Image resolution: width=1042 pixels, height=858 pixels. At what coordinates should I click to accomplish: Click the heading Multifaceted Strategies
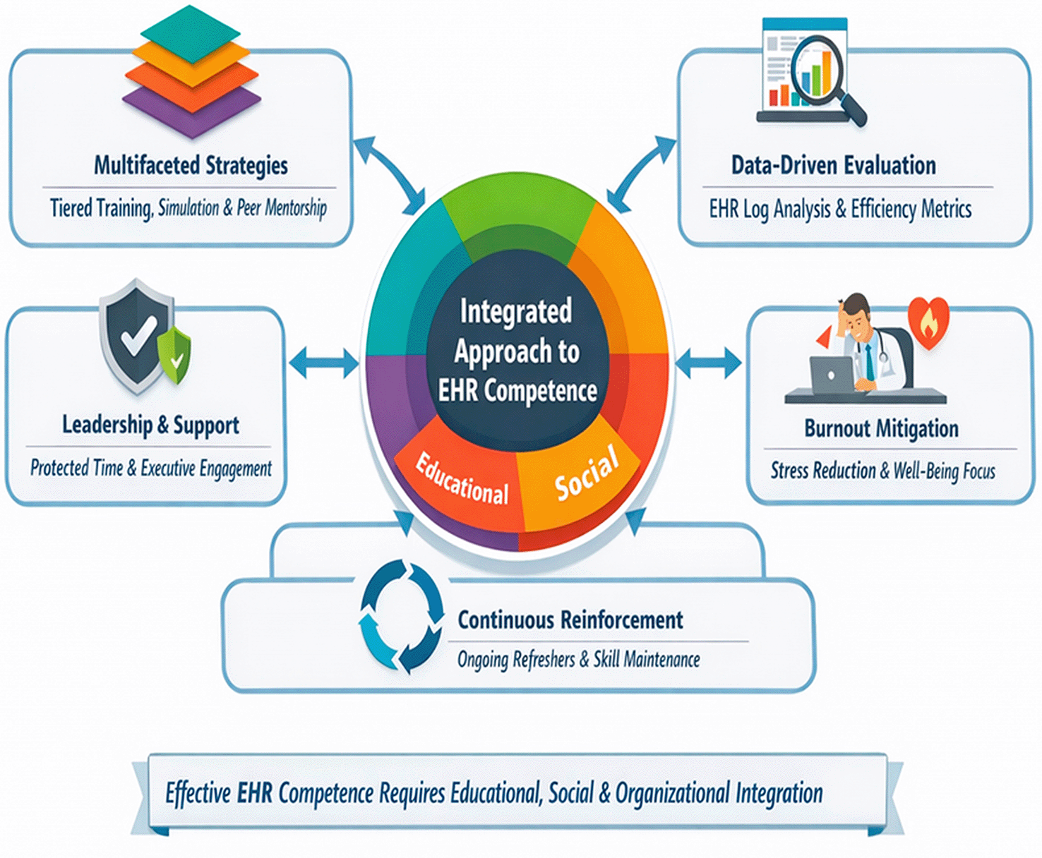click(x=191, y=166)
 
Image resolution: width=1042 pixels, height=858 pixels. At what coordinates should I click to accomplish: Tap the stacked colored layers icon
click(x=191, y=72)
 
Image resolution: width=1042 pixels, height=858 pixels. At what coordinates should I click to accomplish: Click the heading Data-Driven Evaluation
click(x=834, y=165)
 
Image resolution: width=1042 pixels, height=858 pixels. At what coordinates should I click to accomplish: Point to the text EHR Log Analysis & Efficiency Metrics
click(x=840, y=209)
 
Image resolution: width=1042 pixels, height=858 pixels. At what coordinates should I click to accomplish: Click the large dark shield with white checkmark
click(x=136, y=335)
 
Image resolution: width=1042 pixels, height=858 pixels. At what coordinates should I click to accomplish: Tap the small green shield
click(x=174, y=356)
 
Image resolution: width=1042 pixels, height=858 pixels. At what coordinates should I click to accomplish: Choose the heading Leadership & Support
click(x=150, y=425)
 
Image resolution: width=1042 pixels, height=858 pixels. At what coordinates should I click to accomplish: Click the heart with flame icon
click(x=928, y=322)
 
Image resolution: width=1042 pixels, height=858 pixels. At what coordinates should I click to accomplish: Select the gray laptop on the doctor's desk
click(x=831, y=375)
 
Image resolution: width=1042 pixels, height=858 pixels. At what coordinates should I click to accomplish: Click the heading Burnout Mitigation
click(x=881, y=428)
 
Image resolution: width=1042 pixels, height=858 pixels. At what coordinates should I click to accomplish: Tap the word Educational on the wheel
click(x=462, y=479)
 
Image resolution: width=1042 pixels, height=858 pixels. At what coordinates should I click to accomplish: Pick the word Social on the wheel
click(x=587, y=472)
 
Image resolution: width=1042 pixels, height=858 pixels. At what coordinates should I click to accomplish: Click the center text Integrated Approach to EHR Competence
click(x=517, y=351)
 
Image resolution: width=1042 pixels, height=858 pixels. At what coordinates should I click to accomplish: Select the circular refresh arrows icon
click(x=401, y=616)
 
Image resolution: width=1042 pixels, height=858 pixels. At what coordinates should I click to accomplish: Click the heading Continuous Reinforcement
click(x=570, y=620)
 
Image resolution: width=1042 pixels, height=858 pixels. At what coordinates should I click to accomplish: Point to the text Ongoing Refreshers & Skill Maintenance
click(x=578, y=660)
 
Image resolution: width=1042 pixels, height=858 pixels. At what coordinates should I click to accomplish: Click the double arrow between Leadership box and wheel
click(x=323, y=363)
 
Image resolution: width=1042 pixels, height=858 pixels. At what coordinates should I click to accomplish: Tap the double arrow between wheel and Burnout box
click(x=707, y=363)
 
